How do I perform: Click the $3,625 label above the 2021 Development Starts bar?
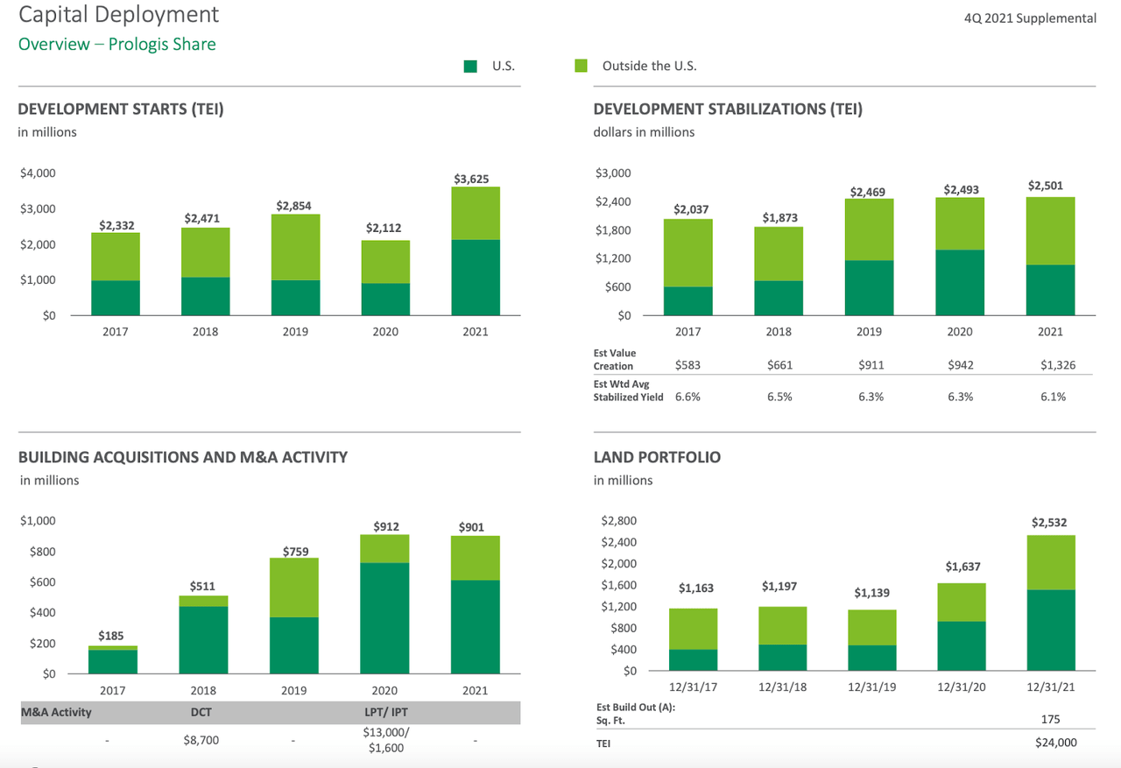472,179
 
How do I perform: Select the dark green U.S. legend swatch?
470,66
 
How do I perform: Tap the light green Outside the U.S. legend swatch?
581,66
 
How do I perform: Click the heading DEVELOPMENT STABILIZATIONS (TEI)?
728,109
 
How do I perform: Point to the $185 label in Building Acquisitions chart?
110,636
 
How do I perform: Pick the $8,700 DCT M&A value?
201,740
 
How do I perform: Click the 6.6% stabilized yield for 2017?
687,397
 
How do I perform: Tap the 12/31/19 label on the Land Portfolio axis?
871,687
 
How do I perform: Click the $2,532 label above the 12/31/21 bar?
1048,523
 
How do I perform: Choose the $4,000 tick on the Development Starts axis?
37,173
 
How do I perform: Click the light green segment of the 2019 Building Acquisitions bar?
294,588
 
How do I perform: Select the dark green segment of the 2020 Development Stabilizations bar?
960,282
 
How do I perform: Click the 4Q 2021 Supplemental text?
1029,18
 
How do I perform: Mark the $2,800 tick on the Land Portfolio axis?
619,521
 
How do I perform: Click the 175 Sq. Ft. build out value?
1051,719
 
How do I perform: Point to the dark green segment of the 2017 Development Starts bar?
116,298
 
